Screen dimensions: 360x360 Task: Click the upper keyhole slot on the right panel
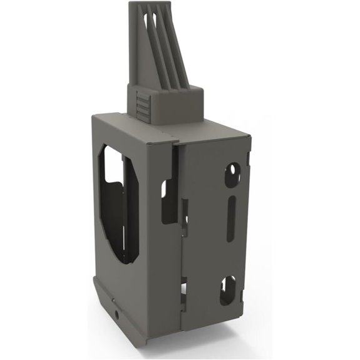click(234, 173)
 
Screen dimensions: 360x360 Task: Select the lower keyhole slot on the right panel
click(226, 289)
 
